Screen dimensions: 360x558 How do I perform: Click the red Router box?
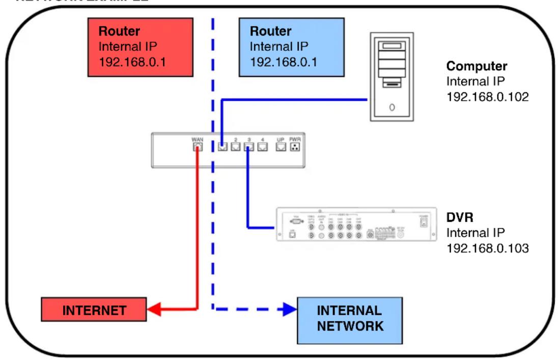coord(141,47)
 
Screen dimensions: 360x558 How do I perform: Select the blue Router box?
coord(291,47)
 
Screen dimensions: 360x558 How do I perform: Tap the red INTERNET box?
coord(94,310)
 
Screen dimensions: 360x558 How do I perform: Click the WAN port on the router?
coord(197,147)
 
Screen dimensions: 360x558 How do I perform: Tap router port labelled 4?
coord(262,147)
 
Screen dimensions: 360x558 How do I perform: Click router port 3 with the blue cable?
coord(249,147)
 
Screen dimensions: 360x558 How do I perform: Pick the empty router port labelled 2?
coord(236,147)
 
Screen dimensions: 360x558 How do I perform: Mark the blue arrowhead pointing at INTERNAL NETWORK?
coord(290,309)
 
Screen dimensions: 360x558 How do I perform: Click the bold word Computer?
coord(477,66)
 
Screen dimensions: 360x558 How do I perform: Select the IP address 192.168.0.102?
coord(487,96)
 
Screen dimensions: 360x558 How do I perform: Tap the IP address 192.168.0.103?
coord(487,248)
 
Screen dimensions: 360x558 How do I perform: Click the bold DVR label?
coord(460,217)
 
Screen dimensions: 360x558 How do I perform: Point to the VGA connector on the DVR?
coord(295,221)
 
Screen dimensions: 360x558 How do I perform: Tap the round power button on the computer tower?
coord(392,107)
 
